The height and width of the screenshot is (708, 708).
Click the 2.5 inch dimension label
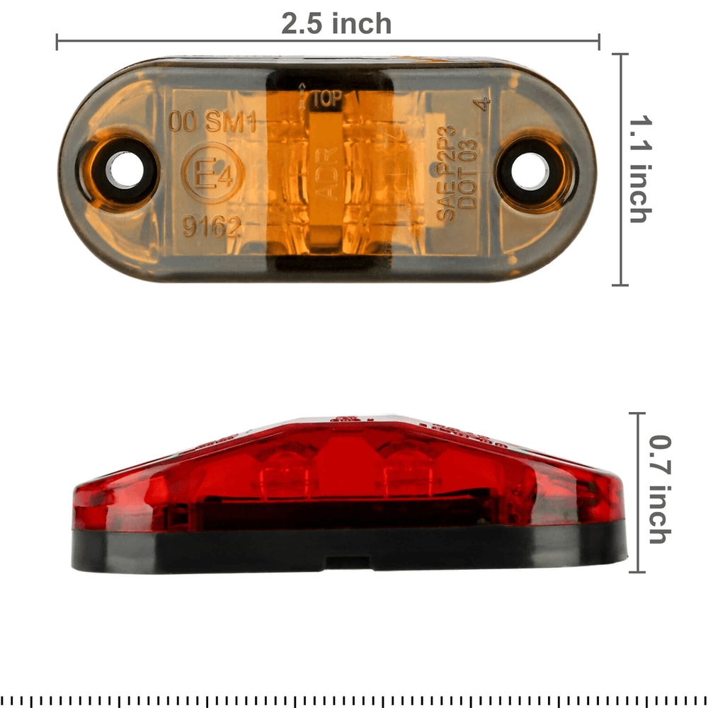point(336,23)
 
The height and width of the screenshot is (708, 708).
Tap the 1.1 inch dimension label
point(639,170)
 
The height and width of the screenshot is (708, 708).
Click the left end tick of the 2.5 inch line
point(57,42)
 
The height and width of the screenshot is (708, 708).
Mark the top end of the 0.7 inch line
point(638,414)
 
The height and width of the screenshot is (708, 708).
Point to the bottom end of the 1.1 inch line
point(620,285)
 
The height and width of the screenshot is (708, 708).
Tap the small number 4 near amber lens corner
point(484,104)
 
